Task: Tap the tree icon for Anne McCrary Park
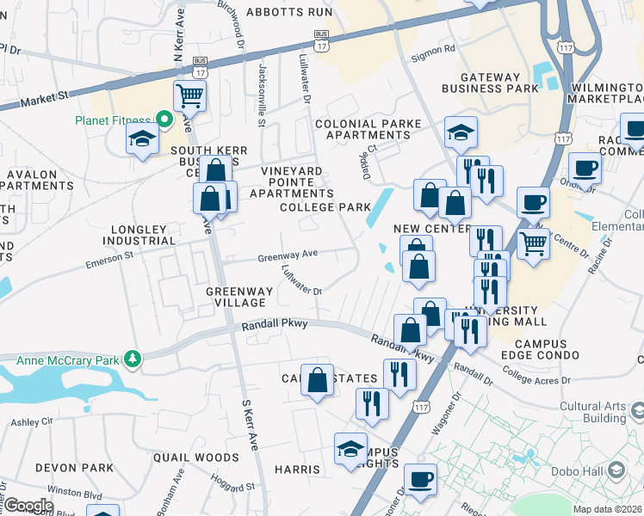(x=132, y=357)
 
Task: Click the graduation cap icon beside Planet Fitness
(x=142, y=138)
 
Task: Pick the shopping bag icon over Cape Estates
(x=317, y=378)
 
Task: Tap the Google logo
(x=28, y=506)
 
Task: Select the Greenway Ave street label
(x=288, y=255)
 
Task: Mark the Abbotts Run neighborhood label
(x=288, y=12)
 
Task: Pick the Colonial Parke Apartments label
(x=368, y=130)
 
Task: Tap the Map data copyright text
(x=608, y=509)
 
